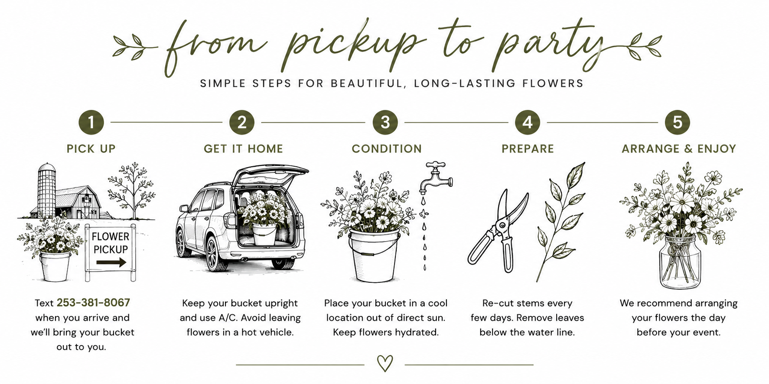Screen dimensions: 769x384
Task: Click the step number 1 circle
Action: (x=91, y=122)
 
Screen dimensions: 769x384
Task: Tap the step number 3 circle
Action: (x=385, y=122)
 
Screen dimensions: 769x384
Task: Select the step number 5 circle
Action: (x=677, y=122)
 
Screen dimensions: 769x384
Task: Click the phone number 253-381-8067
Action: (x=93, y=303)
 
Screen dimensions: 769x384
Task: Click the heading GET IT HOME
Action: (x=243, y=149)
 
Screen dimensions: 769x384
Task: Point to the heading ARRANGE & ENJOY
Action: (x=679, y=149)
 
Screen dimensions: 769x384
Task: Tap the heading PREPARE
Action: (x=528, y=149)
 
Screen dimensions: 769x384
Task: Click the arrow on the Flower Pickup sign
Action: (x=111, y=262)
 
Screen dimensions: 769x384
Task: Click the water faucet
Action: (x=436, y=177)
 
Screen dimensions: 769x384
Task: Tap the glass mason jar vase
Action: (x=679, y=262)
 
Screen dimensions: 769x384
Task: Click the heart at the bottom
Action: (x=385, y=363)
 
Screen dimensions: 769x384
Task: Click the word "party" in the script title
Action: (x=551, y=48)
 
